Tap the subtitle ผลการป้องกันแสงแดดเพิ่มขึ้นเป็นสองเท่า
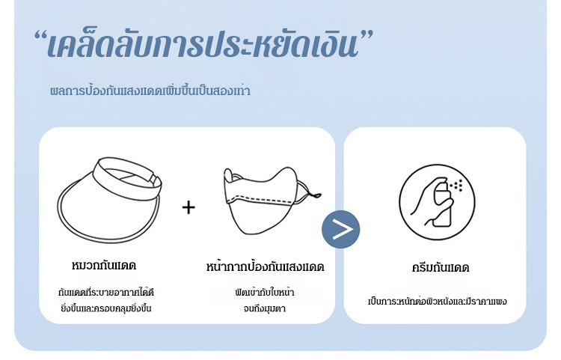pos(150,91)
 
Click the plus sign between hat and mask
pos(188,207)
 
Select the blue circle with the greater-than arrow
pos(340,229)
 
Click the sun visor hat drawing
pos(109,200)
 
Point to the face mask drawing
pos(272,200)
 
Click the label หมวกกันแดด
pos(104,266)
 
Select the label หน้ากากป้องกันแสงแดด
pos(265,266)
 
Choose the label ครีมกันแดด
pos(440,268)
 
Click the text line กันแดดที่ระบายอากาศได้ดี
pos(106,292)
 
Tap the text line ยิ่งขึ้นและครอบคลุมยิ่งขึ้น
pos(106,308)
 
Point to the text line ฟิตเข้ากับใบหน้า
pos(265,292)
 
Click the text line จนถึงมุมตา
pos(265,308)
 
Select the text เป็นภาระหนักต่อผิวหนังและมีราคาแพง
pos(438,301)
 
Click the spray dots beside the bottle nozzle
pos(457,186)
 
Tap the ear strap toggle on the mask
pos(316,195)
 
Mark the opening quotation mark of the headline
pos(41,37)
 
